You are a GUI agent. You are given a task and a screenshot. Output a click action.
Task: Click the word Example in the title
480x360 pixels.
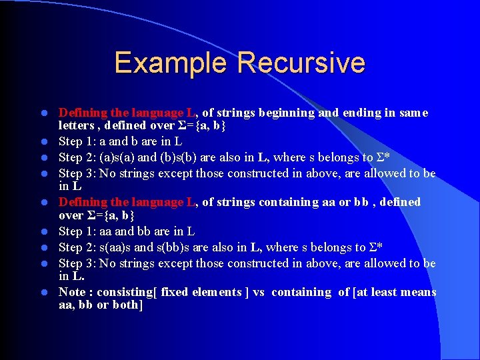(x=170, y=63)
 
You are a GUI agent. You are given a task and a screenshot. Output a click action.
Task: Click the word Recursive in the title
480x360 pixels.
(x=301, y=63)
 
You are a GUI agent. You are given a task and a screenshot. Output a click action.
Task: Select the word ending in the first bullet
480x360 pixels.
(x=360, y=113)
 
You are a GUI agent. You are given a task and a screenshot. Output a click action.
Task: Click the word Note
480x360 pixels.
(x=73, y=292)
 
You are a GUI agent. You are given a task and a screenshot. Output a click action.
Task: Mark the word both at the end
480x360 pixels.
(x=125, y=305)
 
